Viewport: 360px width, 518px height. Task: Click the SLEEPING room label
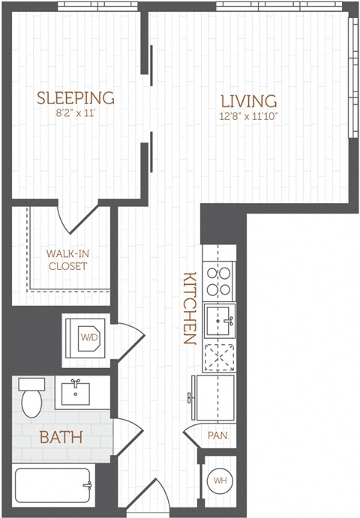[76, 97]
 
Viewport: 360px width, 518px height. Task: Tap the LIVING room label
[248, 100]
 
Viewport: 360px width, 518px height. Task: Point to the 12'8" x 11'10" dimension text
[248, 118]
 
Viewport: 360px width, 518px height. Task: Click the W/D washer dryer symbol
[89, 337]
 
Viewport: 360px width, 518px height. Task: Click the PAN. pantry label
[217, 436]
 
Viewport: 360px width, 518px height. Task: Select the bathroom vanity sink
[76, 392]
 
